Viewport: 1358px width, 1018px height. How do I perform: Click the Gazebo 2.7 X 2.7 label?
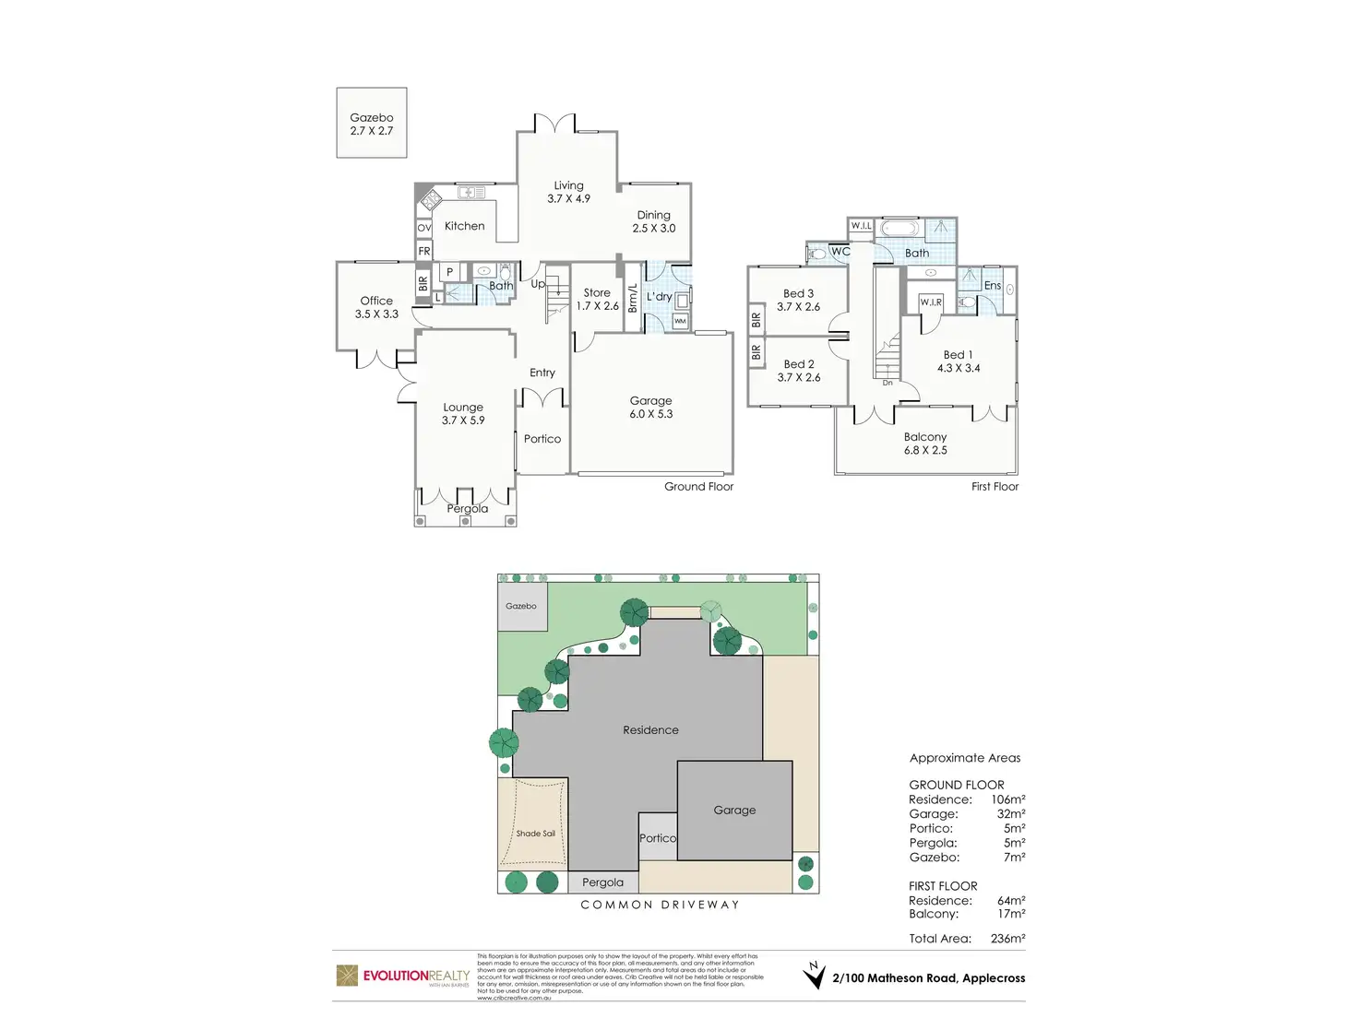372,124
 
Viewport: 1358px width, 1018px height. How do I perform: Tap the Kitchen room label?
464,226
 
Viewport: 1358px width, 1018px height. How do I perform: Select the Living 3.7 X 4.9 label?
568,192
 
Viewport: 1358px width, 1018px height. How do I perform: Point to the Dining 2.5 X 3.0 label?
654,221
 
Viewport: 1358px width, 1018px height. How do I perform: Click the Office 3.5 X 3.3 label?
376,307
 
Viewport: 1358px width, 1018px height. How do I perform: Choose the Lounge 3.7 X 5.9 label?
463,413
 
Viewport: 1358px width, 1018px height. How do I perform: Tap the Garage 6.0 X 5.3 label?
651,408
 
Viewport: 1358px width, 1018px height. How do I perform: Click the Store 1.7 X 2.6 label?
597,299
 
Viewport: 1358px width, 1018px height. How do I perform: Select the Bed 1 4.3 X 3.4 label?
959,361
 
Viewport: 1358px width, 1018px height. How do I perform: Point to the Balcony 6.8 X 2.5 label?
925,444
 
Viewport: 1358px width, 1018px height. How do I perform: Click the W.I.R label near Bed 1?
931,302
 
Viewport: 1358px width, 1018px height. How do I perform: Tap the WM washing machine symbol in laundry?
680,321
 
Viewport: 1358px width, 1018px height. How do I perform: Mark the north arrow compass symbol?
814,976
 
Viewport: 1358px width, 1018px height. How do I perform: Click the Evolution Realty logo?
403,977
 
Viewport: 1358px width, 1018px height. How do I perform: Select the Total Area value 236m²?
1007,939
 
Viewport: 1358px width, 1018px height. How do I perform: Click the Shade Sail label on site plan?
535,834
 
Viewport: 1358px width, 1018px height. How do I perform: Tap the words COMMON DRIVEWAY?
660,905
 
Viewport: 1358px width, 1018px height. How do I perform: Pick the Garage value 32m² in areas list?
1010,814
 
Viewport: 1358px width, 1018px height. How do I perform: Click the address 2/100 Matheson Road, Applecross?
928,978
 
